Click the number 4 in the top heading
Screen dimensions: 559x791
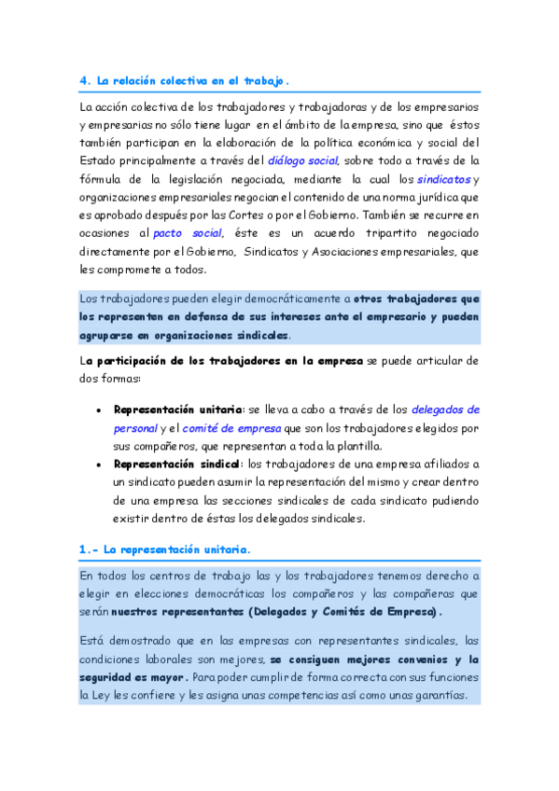pyautogui.click(x=84, y=81)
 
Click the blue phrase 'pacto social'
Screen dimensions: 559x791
pyautogui.click(x=187, y=233)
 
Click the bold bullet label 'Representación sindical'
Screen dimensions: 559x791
pyautogui.click(x=175, y=464)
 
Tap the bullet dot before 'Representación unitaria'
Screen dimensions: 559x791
pyautogui.click(x=99, y=410)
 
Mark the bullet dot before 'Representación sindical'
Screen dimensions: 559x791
pyautogui.click(x=99, y=465)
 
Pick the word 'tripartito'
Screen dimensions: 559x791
pyautogui.click(x=383, y=233)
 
